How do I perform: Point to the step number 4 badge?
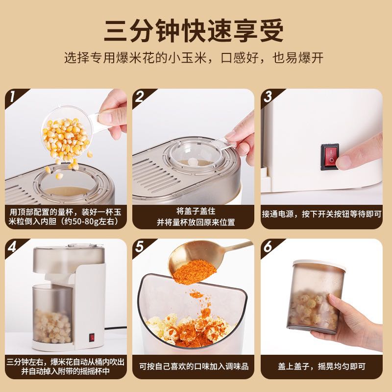tap(13, 247)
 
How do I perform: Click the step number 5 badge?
tap(140, 247)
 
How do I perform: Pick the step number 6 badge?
tap(268, 247)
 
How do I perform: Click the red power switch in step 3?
tap(330, 156)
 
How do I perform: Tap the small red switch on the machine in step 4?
tap(92, 338)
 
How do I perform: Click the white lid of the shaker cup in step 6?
tap(319, 265)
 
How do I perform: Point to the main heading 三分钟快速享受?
tap(194, 30)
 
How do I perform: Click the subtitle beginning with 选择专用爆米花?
tap(194, 58)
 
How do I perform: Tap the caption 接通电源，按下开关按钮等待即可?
tap(321, 214)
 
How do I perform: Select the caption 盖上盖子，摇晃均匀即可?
tap(321, 366)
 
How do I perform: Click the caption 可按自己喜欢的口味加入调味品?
tap(194, 366)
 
